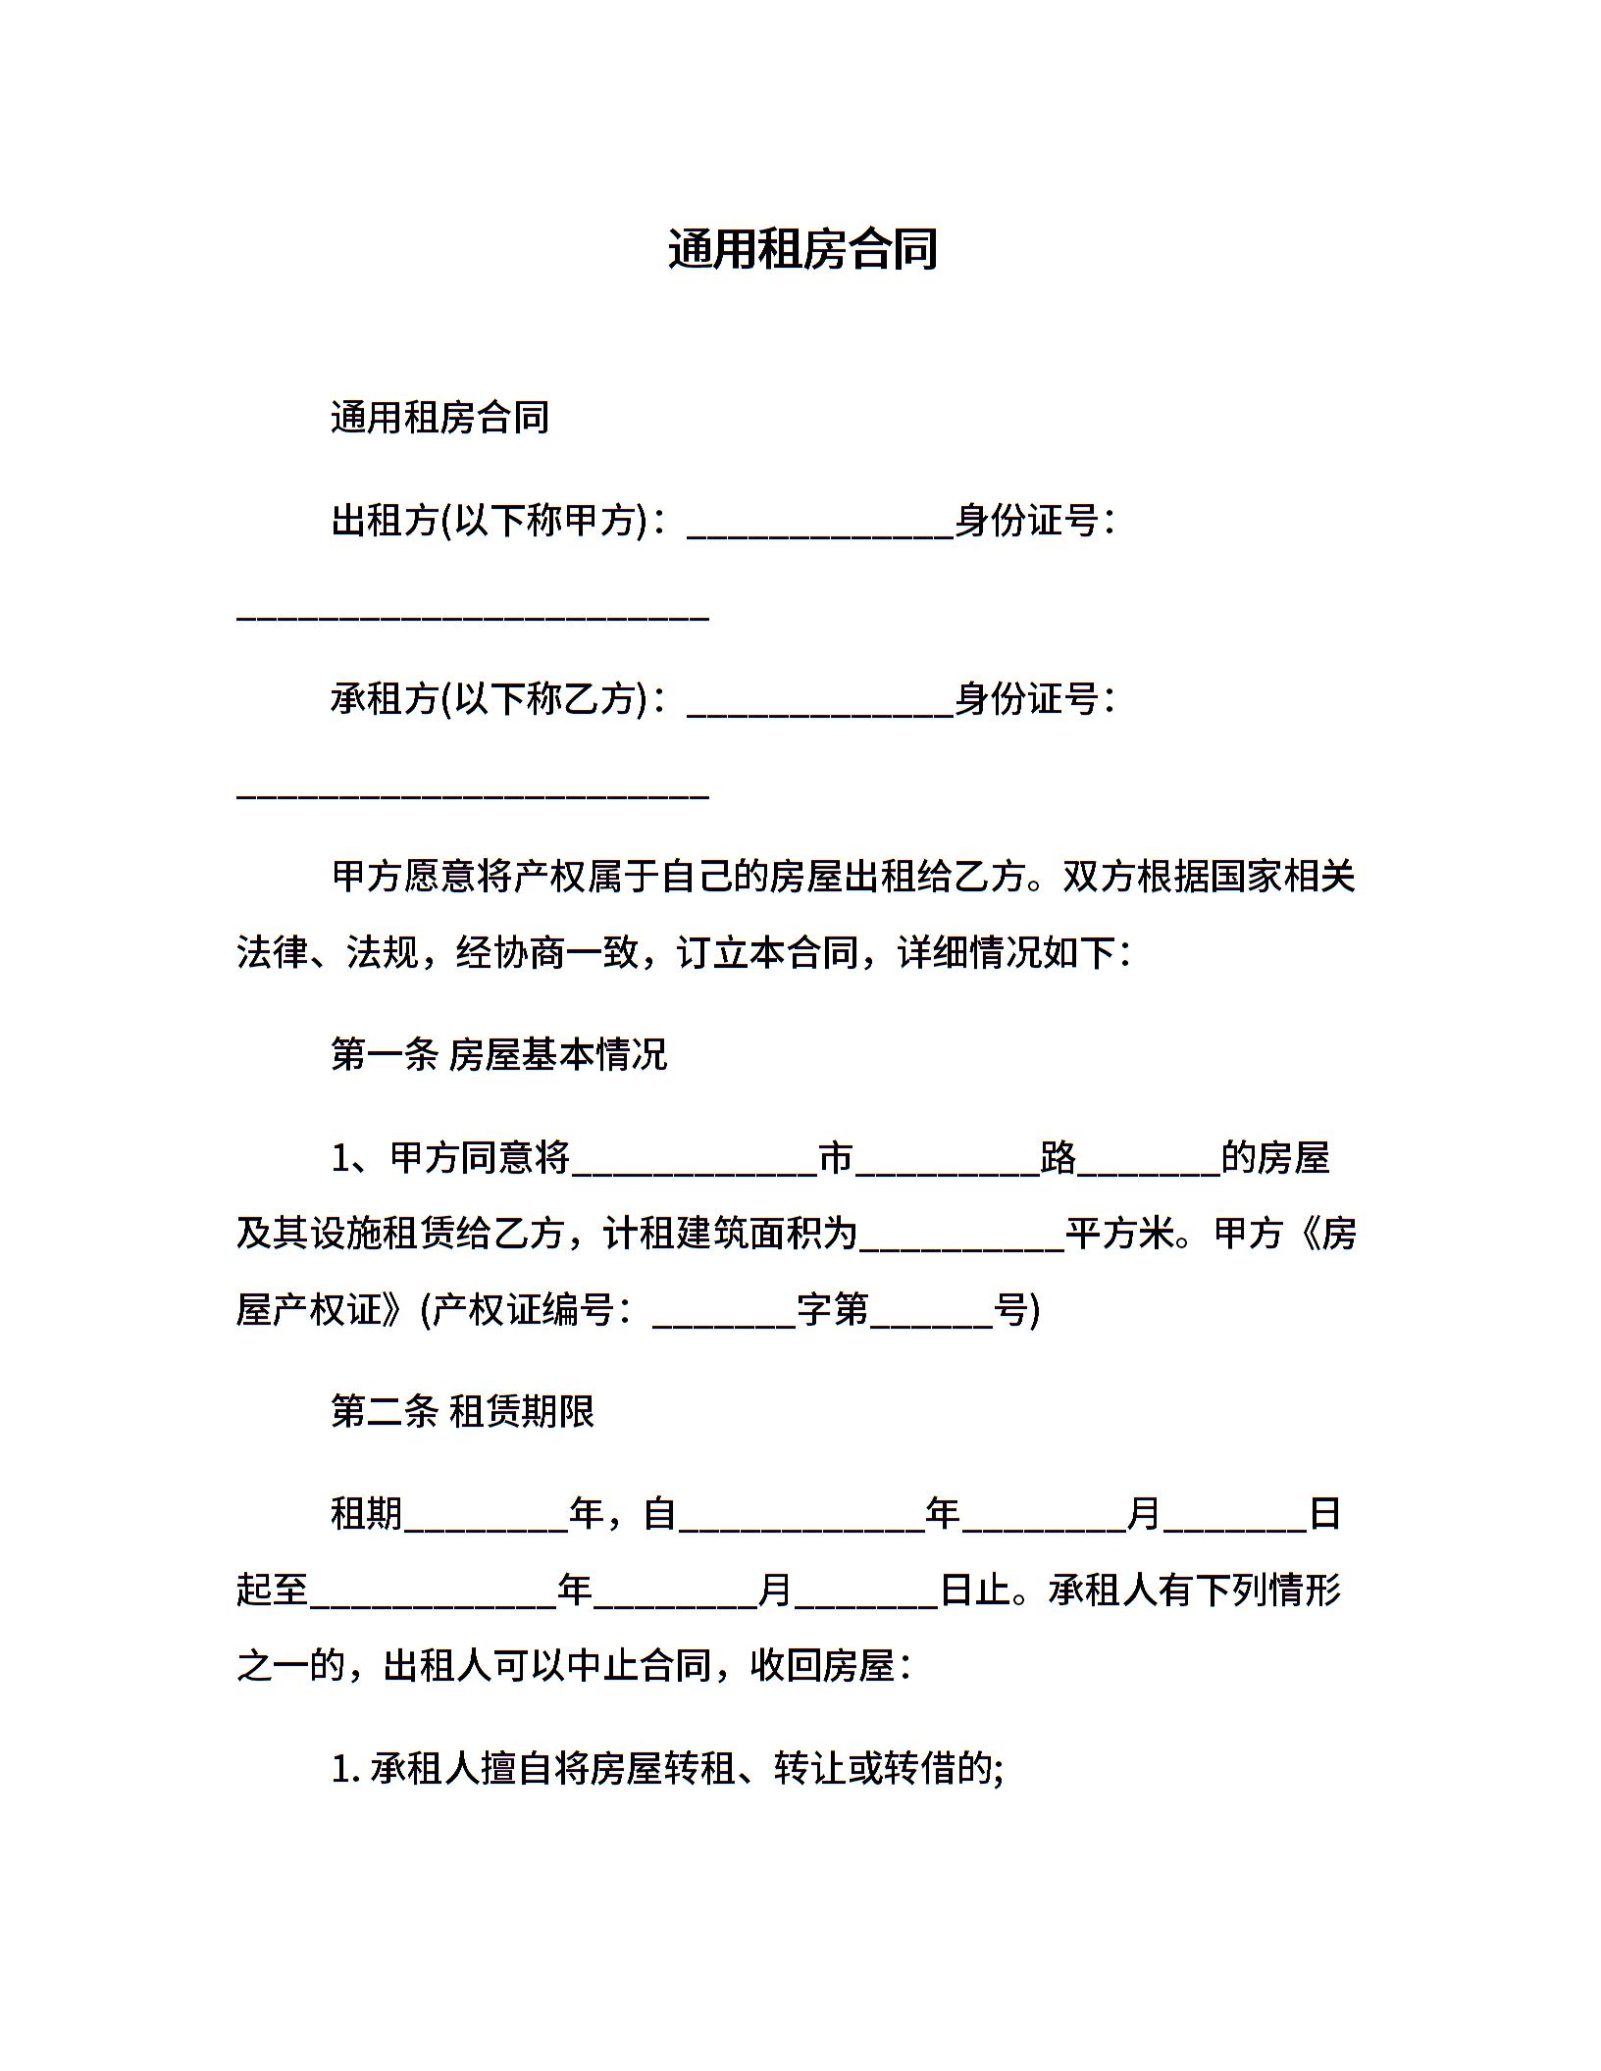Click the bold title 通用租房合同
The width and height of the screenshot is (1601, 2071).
pyautogui.click(x=802, y=249)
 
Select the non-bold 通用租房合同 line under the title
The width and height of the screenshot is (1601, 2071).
pyautogui.click(x=439, y=418)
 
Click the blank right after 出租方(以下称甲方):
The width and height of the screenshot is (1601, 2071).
pyautogui.click(x=820, y=530)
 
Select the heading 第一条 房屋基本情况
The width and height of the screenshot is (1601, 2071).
pyautogui.click(x=498, y=1055)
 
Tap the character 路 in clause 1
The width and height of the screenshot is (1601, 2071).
pyautogui.click(x=1059, y=1158)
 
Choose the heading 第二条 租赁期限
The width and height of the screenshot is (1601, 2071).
pyautogui.click(x=462, y=1412)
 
